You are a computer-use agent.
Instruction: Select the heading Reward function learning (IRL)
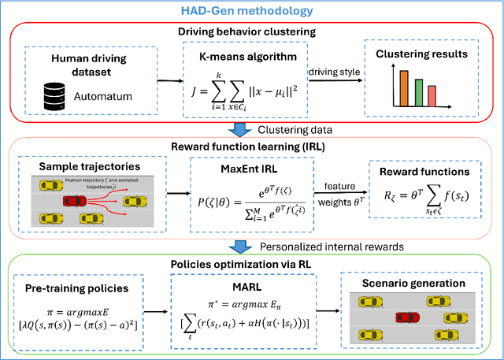253,147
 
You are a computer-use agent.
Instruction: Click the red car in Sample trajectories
72,202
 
